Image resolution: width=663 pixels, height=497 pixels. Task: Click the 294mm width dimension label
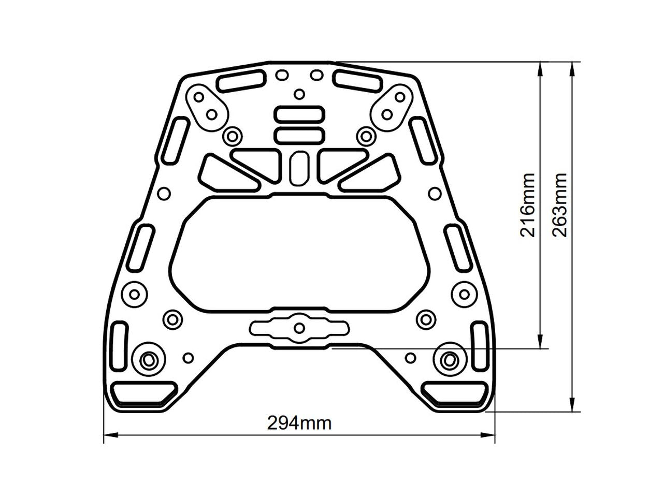click(299, 423)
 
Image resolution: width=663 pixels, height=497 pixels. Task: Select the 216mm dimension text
click(527, 204)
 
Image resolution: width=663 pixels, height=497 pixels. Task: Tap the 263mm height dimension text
click(560, 204)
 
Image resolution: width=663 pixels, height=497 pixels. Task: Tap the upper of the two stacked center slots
click(300, 115)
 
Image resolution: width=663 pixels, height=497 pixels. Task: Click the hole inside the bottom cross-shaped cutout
click(299, 328)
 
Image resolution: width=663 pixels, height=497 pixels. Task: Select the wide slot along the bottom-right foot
click(455, 392)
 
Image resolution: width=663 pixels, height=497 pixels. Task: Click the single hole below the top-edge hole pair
click(299, 94)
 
